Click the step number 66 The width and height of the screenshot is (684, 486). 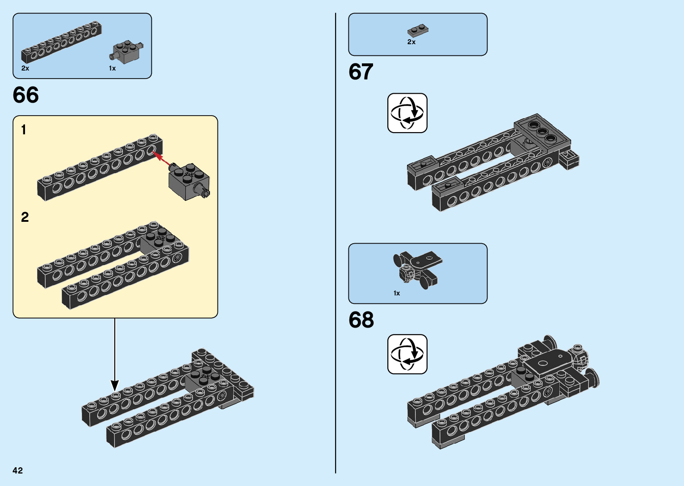26,95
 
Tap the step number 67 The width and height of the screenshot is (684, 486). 361,72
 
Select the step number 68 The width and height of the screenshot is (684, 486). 361,320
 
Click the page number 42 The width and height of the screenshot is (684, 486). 18,470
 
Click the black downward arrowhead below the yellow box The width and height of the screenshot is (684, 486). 115,385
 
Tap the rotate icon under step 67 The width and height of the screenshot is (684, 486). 407,113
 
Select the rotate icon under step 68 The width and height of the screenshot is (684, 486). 407,354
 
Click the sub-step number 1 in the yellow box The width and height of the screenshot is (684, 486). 24,130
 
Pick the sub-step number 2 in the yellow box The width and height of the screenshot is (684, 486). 25,217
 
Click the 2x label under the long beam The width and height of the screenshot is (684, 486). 25,68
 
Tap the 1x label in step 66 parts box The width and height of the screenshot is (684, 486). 112,68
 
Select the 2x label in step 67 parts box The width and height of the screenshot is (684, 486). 411,42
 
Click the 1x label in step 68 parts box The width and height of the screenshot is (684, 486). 397,293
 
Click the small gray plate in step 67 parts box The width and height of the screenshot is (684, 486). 418,30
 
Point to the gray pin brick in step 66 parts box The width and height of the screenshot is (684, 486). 127,52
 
